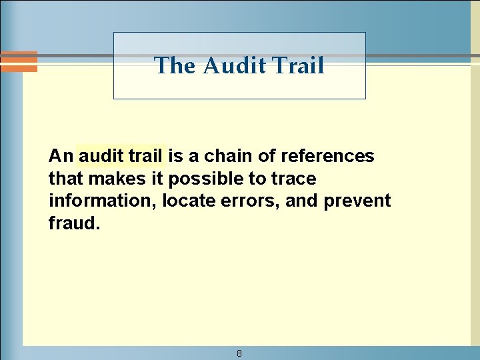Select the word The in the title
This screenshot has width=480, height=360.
coord(177,65)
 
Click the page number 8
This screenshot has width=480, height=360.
coord(239,353)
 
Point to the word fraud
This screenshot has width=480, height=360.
coord(74,223)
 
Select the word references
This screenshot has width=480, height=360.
coord(327,156)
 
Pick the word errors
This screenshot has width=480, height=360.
coord(254,201)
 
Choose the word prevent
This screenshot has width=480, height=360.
coord(357,201)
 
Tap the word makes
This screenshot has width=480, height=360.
coord(113,179)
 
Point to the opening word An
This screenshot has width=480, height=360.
coord(60,156)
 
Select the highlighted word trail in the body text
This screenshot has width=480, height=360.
coord(145,156)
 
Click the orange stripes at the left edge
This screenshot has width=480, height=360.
coord(18,61)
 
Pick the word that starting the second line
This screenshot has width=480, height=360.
coord(65,179)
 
